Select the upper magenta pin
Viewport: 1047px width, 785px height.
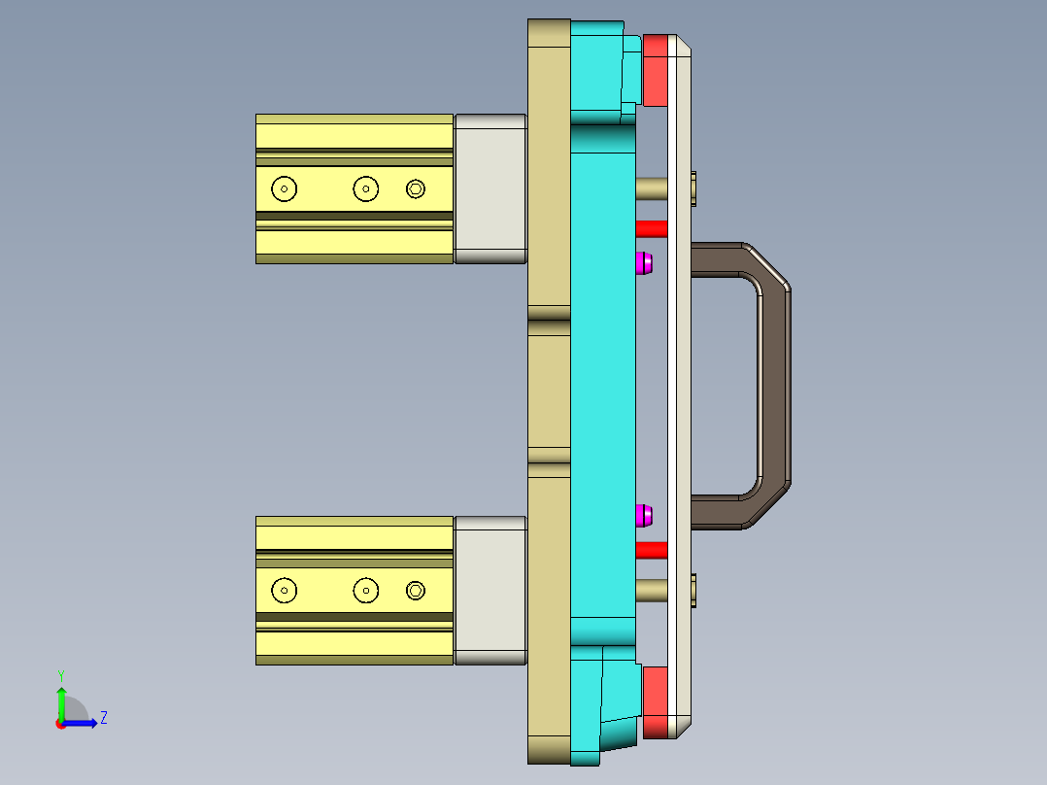(643, 262)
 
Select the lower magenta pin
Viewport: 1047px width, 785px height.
(643, 515)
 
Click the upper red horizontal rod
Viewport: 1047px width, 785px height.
(651, 228)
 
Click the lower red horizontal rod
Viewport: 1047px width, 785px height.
(651, 550)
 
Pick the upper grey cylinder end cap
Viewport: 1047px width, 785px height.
(490, 188)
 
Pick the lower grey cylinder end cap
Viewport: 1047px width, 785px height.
(490, 590)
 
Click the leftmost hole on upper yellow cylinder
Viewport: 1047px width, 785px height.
(285, 188)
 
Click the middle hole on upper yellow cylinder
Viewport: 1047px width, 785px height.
(365, 188)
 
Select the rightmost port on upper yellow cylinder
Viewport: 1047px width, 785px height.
(416, 188)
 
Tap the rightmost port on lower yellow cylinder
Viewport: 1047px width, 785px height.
(416, 590)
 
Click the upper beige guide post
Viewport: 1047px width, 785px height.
(651, 188)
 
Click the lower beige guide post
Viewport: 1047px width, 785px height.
(651, 590)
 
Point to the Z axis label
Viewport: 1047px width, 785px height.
(103, 718)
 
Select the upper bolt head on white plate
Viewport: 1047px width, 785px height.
(693, 188)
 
